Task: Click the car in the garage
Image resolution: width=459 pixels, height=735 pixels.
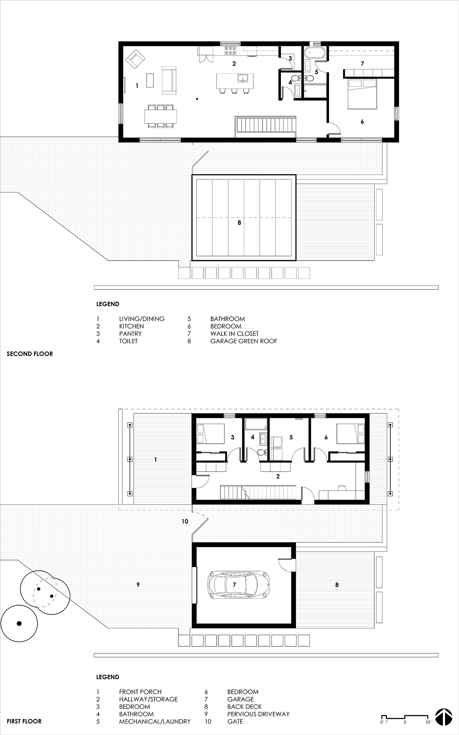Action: click(239, 585)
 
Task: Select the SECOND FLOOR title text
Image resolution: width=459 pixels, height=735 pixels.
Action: click(30, 354)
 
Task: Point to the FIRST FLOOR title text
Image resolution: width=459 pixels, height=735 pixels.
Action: click(24, 721)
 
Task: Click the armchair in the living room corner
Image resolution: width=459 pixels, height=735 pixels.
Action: click(135, 59)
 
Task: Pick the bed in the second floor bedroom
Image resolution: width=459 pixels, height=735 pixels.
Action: click(362, 94)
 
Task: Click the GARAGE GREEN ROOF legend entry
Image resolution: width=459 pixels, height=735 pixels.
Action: click(244, 341)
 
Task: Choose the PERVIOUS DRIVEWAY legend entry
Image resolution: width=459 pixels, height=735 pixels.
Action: click(259, 714)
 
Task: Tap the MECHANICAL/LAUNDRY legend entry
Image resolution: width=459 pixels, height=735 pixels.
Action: click(155, 721)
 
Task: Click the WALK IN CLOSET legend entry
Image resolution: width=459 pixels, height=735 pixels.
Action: click(235, 334)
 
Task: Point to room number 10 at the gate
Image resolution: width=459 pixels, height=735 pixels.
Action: click(185, 521)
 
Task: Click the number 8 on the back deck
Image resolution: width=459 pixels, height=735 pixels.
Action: click(337, 585)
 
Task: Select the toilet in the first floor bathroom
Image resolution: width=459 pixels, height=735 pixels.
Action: click(261, 452)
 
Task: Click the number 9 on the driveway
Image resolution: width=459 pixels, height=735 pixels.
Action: click(138, 585)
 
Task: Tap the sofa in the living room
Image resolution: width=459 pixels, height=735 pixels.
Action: click(169, 80)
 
